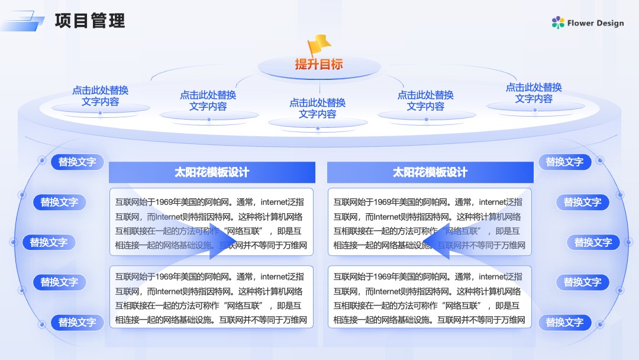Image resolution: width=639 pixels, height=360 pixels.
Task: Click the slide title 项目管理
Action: coord(90,21)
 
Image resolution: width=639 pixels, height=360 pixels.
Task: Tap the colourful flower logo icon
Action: coord(558,22)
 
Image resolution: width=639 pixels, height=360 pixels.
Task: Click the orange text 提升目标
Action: coord(319,64)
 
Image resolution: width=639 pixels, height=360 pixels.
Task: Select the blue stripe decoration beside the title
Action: coord(23,21)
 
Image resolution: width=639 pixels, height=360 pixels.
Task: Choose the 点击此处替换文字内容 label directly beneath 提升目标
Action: coord(318,108)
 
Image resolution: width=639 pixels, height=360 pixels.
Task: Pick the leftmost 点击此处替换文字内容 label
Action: coord(100,96)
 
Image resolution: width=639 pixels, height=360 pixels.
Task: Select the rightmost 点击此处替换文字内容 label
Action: coord(534,93)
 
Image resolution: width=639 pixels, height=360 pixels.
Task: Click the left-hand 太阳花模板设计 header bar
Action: coord(212,172)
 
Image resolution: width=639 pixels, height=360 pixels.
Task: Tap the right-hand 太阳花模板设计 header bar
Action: coord(430,172)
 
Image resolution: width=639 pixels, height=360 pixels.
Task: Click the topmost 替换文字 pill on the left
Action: coord(77,162)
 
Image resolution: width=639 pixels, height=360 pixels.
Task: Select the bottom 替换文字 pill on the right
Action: coord(564,323)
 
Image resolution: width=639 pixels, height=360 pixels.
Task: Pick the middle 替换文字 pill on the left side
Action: coord(49,242)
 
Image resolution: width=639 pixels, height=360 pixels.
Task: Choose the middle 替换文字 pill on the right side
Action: coord(593,242)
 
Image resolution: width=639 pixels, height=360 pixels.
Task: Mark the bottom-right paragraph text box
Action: coord(430,297)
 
